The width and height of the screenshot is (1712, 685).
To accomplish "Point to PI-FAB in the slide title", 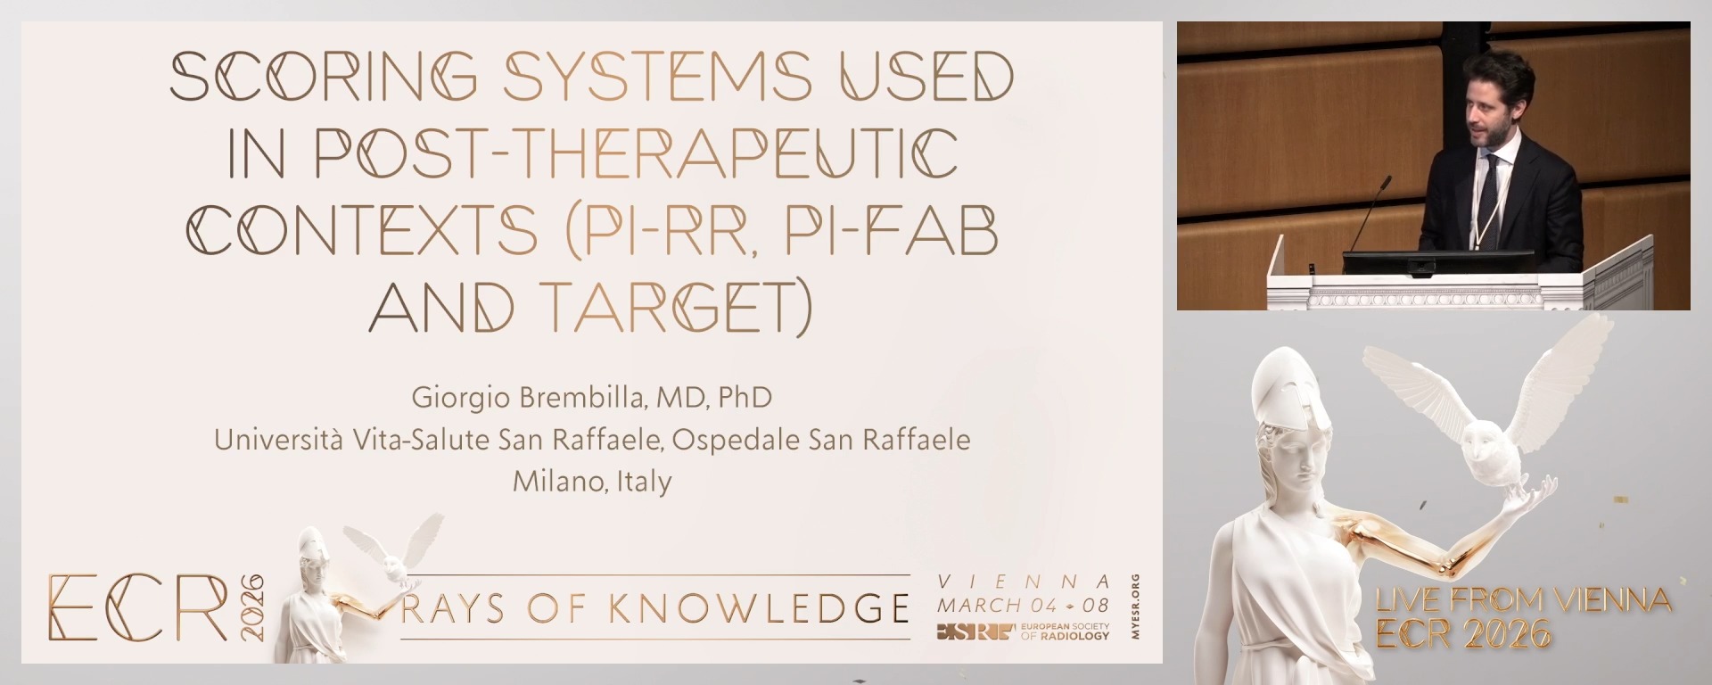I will pos(891,230).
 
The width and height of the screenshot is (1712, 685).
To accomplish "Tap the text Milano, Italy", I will pos(592,482).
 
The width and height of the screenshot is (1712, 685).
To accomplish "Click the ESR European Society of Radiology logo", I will pos(1022,631).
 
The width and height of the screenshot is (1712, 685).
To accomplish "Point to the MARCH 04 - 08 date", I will pos(1023,605).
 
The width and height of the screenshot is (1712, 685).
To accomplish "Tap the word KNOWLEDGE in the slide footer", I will pos(759,608).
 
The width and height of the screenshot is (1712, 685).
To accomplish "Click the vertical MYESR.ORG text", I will pos(1134,607).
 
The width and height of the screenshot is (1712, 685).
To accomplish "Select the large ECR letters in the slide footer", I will pos(138,607).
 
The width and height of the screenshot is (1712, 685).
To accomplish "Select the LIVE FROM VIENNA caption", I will pos(1522,600).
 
